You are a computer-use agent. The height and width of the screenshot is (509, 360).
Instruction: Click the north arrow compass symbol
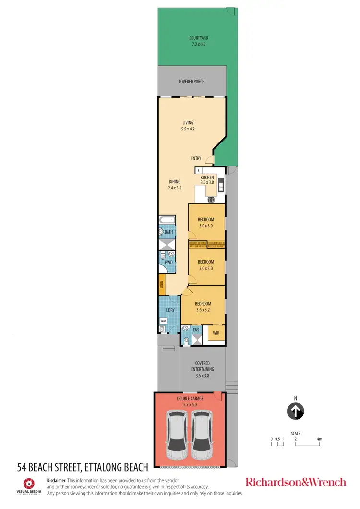(x=296, y=411)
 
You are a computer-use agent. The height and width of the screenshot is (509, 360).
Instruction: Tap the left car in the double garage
(x=177, y=435)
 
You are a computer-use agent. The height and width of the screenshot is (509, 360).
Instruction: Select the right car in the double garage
(x=202, y=435)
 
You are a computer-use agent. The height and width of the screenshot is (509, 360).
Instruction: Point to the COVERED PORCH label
(x=192, y=82)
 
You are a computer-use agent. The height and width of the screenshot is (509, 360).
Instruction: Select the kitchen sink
(x=221, y=186)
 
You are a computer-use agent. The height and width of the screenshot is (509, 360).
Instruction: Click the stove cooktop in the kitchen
(x=211, y=199)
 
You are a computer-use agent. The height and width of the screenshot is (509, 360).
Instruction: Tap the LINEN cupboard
(x=163, y=287)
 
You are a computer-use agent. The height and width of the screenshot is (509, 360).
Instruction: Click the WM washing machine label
(x=162, y=320)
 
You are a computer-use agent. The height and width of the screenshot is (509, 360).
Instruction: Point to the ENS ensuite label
(x=196, y=330)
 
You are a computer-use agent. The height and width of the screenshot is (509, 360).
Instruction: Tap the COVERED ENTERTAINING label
(x=203, y=369)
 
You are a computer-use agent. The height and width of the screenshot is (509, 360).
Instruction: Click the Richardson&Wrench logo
(x=295, y=482)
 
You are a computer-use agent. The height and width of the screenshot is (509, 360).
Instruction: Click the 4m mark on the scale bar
(x=319, y=439)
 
